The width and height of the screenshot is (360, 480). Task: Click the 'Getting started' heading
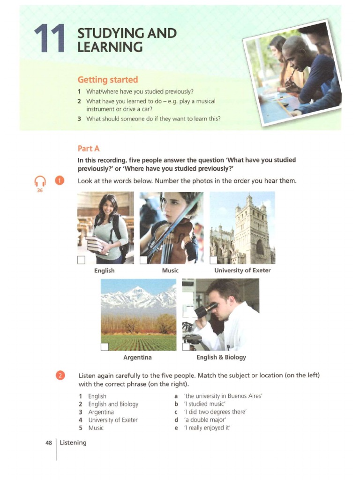pos(108,80)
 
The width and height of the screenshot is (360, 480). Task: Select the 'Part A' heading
pos(89,148)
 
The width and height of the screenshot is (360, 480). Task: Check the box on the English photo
pos(82,260)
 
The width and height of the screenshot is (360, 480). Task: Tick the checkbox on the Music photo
pos(143,260)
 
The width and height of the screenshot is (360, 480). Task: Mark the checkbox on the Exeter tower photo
pos(214,260)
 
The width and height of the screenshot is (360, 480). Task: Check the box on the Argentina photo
pos(105,347)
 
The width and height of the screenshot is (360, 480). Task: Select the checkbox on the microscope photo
pos(186,347)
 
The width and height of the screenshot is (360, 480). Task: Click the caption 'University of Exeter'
pos(242,270)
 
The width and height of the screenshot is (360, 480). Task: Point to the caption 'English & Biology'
pos(221,357)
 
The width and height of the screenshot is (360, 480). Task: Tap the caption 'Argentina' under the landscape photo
pos(137,357)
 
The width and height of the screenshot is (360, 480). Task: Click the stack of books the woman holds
pos(97,245)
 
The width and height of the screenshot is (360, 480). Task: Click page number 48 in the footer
pos(48,442)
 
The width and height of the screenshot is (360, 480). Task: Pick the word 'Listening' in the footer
pos(73,442)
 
